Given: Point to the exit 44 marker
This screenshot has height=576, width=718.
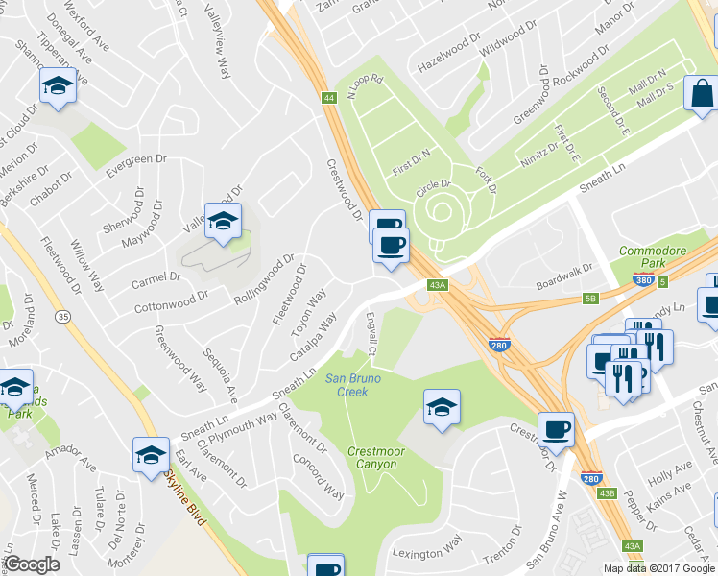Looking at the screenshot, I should [x=329, y=98].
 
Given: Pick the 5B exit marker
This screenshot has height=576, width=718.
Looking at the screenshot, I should [x=590, y=299].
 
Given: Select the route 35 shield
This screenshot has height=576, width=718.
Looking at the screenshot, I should [x=63, y=315].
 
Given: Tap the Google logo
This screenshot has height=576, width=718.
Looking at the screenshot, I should [x=32, y=564].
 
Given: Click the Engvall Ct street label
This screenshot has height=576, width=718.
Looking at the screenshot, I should [x=371, y=336].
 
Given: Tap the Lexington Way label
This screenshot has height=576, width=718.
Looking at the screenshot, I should [x=426, y=553].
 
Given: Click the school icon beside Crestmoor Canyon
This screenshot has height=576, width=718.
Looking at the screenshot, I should [x=441, y=406].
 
